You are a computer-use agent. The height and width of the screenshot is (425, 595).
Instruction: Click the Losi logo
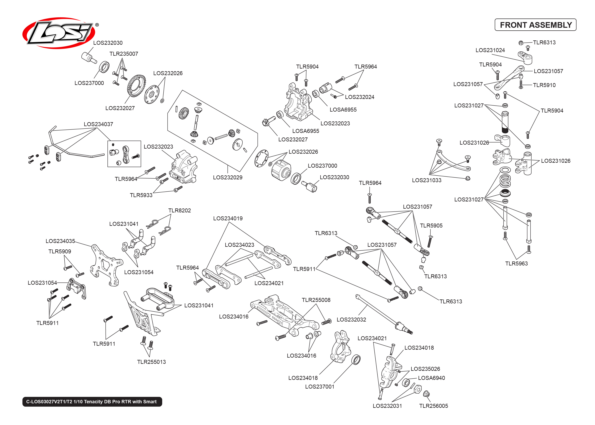[x=59, y=33]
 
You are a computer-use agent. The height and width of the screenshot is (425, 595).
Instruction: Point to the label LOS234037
[x=98, y=124]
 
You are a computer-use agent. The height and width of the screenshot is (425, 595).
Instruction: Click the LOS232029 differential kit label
[x=228, y=178]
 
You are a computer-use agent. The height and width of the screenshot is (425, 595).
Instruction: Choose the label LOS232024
[x=360, y=97]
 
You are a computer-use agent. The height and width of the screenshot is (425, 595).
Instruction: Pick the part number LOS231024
[x=490, y=50]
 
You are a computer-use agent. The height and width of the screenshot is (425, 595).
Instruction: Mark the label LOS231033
[x=427, y=180]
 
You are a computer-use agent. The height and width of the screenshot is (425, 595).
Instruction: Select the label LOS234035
[x=60, y=241]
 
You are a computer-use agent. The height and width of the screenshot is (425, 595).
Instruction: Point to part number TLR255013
[x=151, y=362]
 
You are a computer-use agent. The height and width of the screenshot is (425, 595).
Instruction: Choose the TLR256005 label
[x=434, y=406]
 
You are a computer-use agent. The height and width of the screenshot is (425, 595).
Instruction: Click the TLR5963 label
[x=516, y=264]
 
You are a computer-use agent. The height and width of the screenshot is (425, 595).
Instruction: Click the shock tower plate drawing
[x=106, y=265]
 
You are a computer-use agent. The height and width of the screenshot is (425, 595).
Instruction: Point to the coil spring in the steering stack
[x=505, y=180]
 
